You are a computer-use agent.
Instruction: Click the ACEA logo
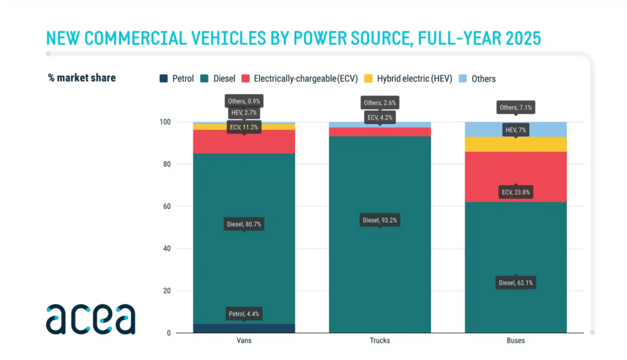click(90, 318)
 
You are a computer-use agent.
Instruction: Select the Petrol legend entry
click(176, 78)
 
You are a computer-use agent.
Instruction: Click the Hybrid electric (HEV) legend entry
click(408, 78)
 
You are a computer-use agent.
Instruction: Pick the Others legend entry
click(477, 78)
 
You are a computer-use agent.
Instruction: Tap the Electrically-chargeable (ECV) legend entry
click(298, 78)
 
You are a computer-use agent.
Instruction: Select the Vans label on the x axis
click(244, 340)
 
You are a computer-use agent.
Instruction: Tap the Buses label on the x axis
click(516, 340)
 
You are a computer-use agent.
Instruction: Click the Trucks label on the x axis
click(380, 340)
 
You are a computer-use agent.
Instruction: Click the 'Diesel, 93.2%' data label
click(380, 220)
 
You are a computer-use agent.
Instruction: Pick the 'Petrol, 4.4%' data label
click(244, 314)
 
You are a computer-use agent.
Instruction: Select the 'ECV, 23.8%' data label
click(516, 192)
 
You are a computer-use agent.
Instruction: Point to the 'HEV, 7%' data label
click(516, 130)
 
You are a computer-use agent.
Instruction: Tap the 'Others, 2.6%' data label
click(380, 103)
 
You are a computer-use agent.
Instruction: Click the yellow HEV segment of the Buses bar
click(516, 144)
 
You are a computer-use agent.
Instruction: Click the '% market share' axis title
click(82, 78)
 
